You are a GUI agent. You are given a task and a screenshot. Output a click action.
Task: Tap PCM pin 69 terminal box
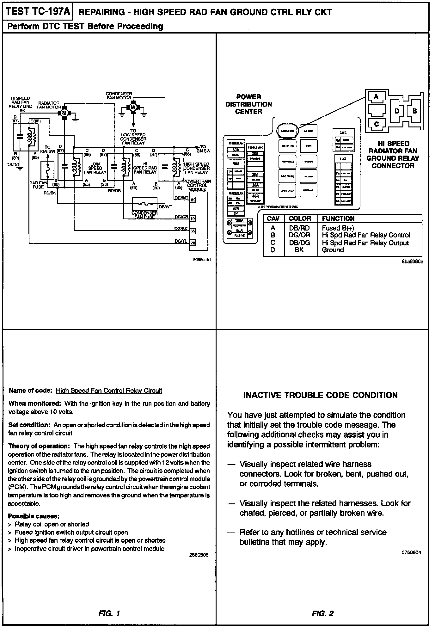[x=193, y=200]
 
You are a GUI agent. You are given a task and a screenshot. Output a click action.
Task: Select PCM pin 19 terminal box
[x=193, y=219]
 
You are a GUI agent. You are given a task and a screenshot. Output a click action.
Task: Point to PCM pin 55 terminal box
[x=193, y=231]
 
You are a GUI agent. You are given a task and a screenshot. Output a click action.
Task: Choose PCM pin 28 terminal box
[x=193, y=243]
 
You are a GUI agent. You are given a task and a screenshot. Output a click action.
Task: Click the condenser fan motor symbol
[x=133, y=108]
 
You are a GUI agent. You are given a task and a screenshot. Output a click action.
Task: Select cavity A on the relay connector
[x=376, y=97]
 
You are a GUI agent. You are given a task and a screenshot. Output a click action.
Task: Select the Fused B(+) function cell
[x=338, y=228]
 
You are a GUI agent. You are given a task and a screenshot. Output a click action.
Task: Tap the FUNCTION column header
[x=338, y=219]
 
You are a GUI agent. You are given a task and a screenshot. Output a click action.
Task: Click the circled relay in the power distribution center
[x=287, y=130]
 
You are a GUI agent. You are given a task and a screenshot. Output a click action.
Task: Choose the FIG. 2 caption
[x=322, y=613]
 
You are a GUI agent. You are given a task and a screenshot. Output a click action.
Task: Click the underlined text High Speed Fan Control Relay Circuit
[x=109, y=391]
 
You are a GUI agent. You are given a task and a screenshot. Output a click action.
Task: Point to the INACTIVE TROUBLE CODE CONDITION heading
[x=321, y=395]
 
